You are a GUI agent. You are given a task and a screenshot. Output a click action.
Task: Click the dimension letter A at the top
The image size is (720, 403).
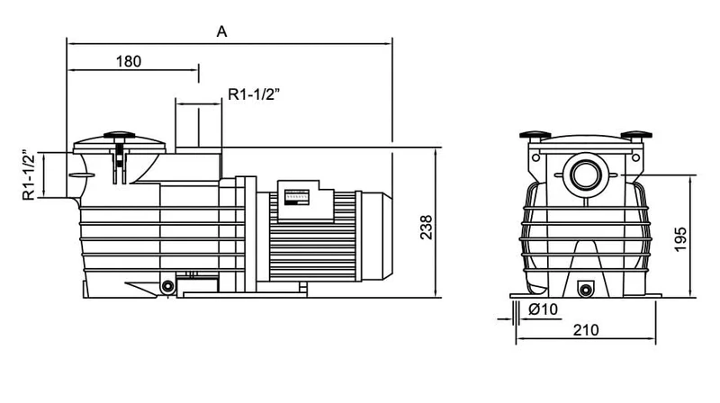[x=221, y=31]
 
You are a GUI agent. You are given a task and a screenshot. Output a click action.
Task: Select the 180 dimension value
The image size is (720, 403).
[x=129, y=61]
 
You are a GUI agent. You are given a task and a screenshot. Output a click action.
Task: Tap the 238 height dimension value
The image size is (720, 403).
[x=427, y=227]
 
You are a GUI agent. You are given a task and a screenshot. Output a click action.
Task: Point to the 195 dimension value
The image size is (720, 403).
[x=680, y=238]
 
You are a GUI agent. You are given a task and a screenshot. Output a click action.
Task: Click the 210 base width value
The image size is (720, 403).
[x=586, y=329]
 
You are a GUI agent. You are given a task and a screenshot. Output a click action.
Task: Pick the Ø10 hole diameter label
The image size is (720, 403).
[x=544, y=309]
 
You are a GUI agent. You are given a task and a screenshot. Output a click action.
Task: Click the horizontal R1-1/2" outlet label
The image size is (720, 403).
[x=254, y=94]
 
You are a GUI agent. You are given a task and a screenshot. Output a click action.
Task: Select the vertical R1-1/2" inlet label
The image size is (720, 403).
[x=29, y=175]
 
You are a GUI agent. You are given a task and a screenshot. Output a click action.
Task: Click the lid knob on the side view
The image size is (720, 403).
[x=120, y=136]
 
